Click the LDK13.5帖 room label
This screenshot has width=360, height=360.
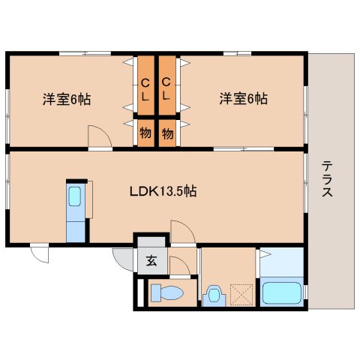[x=163, y=191]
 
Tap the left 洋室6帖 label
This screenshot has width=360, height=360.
[x=67, y=99]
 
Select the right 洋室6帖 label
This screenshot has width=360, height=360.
[x=244, y=98]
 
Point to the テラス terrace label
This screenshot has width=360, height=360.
[x=327, y=178]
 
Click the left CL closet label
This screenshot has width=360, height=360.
[x=145, y=89]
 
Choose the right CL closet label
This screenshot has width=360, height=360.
[x=166, y=89]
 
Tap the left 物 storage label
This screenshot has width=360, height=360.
[x=145, y=133]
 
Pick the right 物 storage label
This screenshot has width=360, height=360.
[x=167, y=133]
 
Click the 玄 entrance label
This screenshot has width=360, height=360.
[x=152, y=261]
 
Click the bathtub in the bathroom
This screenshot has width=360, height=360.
[x=281, y=293]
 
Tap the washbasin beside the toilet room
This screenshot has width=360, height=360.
[x=214, y=296]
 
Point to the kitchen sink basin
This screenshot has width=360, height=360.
[x=74, y=196]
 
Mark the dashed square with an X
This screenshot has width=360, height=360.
[x=241, y=295]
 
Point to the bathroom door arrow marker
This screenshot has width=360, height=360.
[x=265, y=254]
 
